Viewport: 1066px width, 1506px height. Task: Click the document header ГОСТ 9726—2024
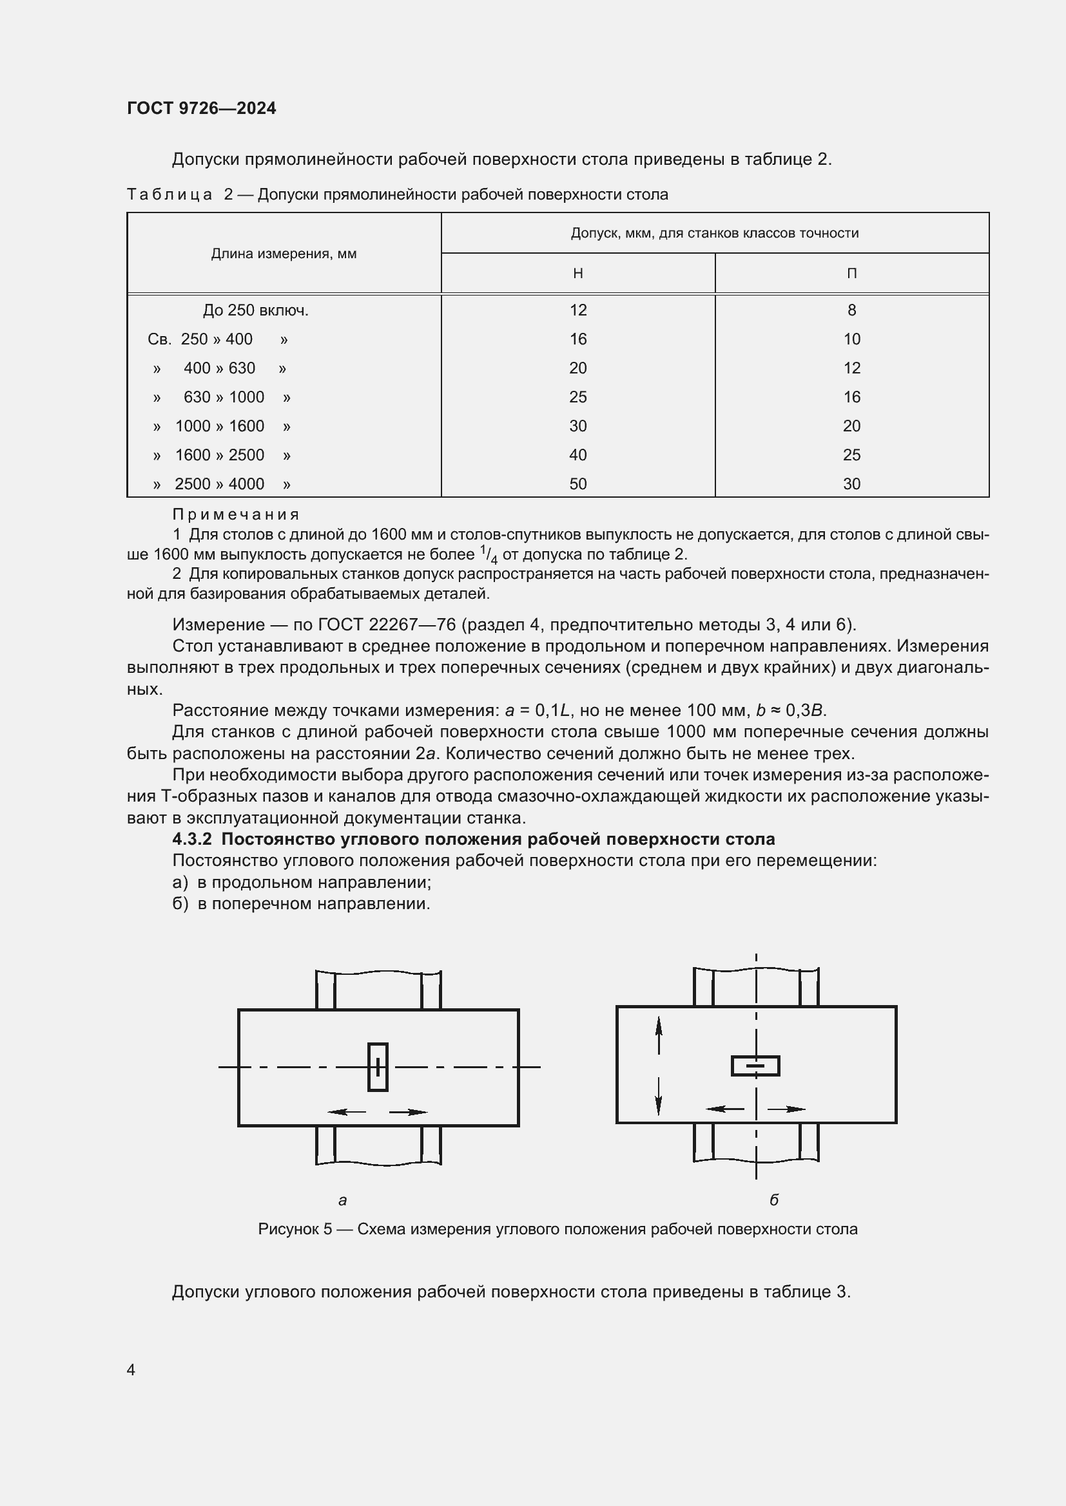point(202,108)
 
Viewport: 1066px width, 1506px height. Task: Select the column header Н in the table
point(577,274)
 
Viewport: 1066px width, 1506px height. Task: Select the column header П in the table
point(851,274)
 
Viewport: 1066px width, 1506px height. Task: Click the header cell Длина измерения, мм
point(284,254)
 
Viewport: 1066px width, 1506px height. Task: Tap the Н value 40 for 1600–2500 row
point(577,455)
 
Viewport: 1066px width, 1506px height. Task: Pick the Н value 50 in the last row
point(577,484)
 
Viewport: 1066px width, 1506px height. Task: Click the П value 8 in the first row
point(851,310)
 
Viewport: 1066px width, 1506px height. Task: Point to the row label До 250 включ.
point(255,310)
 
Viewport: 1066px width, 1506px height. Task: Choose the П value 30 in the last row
point(851,484)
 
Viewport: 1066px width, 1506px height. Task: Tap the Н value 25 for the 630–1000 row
point(577,397)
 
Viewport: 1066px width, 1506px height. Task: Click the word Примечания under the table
point(236,514)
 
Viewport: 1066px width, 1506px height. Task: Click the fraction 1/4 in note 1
point(489,555)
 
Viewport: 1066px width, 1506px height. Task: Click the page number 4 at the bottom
point(131,1370)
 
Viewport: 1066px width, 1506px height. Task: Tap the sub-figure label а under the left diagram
point(342,1200)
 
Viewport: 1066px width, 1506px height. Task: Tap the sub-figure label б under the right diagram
point(774,1200)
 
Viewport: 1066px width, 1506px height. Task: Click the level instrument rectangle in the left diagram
point(378,1067)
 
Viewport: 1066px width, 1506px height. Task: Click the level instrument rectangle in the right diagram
point(755,1066)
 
